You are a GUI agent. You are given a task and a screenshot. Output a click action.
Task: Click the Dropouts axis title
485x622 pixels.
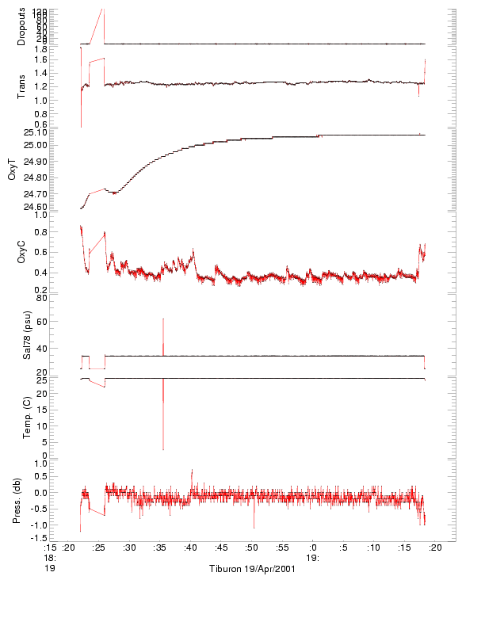[21, 26]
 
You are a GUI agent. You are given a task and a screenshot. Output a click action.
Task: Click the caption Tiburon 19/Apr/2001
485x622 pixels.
[252, 569]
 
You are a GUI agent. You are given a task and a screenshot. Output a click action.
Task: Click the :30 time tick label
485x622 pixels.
[130, 548]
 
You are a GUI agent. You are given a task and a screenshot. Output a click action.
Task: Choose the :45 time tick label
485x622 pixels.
[221, 548]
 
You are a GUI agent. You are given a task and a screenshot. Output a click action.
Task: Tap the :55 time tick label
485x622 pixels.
[282, 548]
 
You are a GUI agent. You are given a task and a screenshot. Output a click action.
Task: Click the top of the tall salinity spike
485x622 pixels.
[163, 319]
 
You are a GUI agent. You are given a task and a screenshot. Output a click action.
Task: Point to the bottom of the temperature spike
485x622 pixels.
[163, 450]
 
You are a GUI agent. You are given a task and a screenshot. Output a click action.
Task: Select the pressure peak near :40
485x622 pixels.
[191, 470]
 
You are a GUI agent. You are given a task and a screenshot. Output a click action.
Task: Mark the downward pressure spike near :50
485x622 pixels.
[254, 528]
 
